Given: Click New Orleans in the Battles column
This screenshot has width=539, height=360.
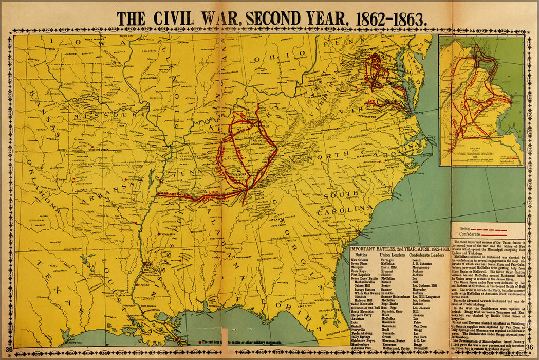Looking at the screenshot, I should [x=362, y=260].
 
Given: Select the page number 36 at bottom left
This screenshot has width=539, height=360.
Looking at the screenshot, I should [x=9, y=350].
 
